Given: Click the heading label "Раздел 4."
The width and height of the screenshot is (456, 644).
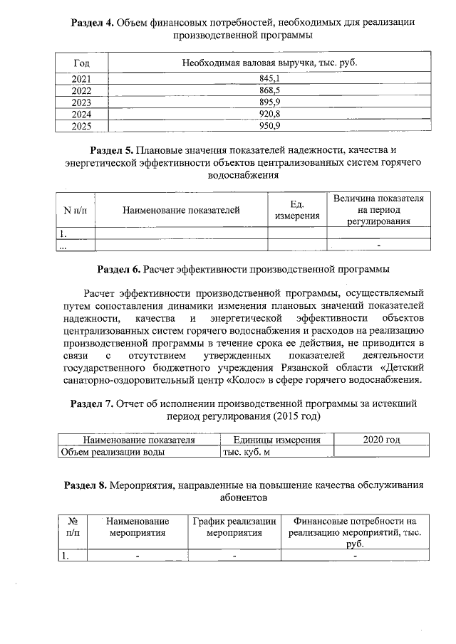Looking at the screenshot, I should click(93, 22).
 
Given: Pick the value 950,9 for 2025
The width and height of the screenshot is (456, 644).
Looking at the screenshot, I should click(269, 125).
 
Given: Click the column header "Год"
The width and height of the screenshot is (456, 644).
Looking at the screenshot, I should click(82, 63).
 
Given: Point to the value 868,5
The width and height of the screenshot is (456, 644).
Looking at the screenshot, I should click(269, 90).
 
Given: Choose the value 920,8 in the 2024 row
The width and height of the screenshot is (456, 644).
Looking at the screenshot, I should click(269, 114).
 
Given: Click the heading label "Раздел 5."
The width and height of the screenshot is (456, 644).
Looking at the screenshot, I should click(112, 150).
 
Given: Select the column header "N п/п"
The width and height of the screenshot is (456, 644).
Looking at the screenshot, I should click(75, 210).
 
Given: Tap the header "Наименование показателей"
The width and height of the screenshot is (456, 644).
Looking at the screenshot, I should click(181, 210).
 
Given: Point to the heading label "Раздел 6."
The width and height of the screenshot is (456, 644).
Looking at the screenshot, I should click(118, 270).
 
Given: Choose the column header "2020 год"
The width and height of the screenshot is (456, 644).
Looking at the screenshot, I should click(381, 440).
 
